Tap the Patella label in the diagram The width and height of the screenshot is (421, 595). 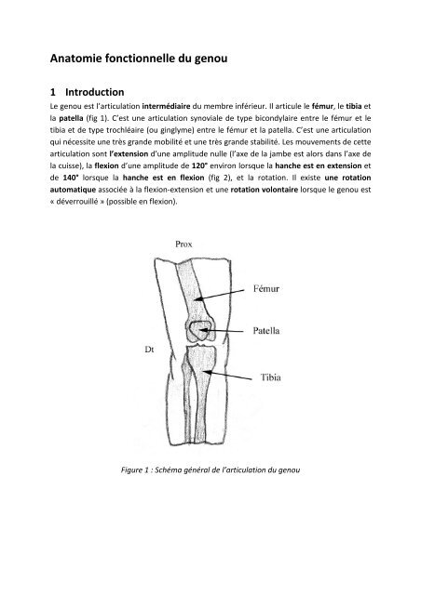coord(274,329)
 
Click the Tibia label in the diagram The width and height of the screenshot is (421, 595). coord(272,378)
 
